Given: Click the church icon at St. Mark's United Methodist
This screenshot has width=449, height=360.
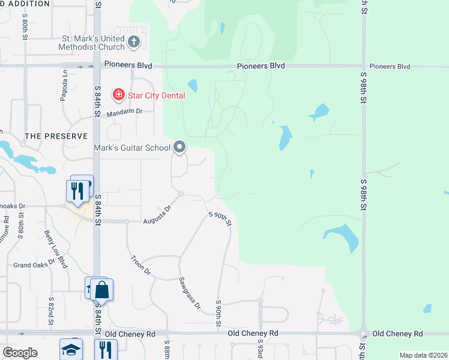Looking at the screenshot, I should click(134, 43).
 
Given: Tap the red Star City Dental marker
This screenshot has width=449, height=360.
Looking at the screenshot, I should click(119, 95).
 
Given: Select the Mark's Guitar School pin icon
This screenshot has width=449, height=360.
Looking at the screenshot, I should click(179, 146).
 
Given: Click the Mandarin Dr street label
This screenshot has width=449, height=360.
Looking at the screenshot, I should click(124, 112).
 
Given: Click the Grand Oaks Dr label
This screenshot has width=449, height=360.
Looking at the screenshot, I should click(35, 265).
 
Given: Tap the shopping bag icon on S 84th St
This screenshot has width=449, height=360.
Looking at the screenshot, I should click(102, 290).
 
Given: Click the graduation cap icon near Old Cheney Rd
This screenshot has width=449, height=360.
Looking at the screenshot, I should click(71, 350).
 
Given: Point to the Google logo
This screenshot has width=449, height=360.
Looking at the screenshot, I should click(19, 353).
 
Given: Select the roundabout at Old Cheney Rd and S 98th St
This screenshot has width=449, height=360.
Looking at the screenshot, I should click(363, 334).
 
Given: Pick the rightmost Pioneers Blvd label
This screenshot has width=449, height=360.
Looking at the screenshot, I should click(390, 67).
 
